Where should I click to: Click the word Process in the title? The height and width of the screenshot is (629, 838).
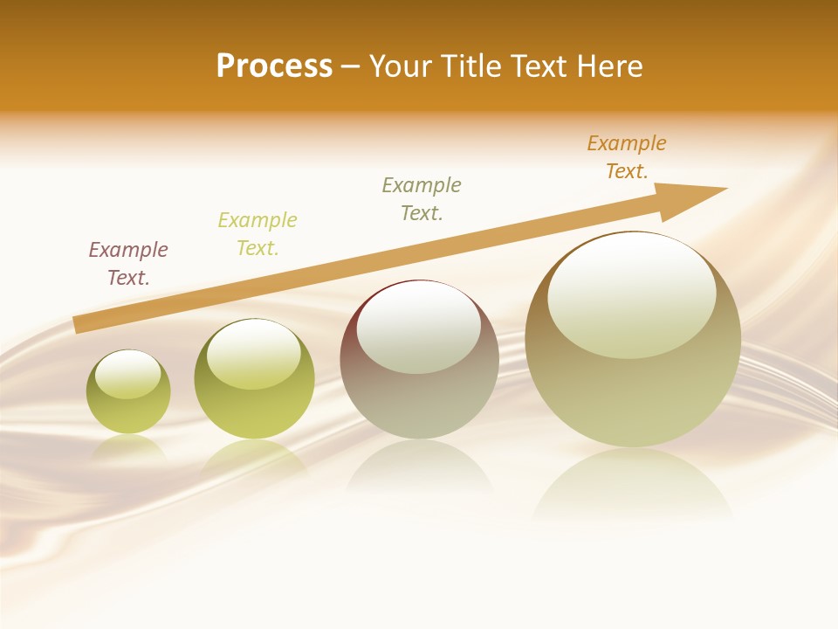coord(274,66)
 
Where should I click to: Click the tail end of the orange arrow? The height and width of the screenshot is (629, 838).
coord(79,324)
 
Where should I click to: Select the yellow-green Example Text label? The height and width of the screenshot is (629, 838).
coord(258,234)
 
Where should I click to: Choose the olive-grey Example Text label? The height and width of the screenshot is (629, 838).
coord(422,199)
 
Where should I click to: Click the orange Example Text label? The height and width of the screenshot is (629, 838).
coord(627,157)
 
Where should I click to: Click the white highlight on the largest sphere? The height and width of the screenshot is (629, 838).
coord(632,295)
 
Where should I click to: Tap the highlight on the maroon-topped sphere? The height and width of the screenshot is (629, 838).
coord(419,328)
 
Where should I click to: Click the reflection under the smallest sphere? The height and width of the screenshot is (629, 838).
coord(128,447)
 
